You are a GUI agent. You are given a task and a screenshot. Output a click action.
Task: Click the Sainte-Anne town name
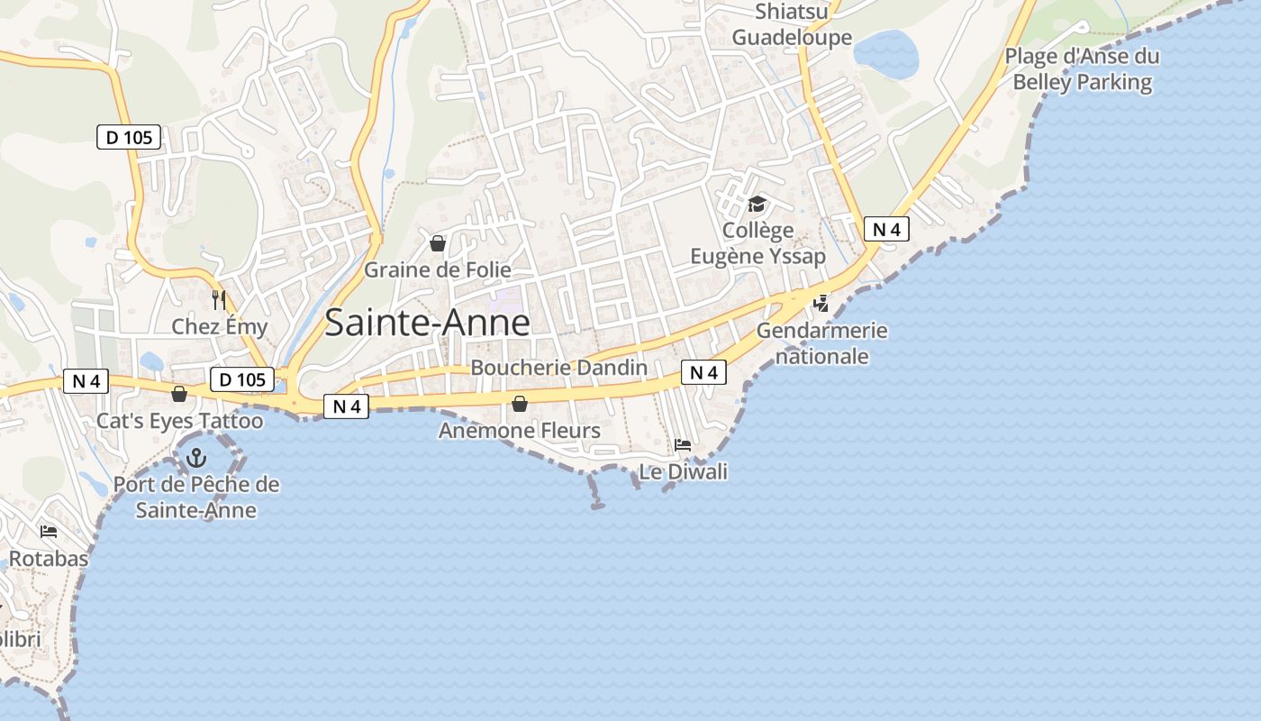pyautogui.click(x=427, y=323)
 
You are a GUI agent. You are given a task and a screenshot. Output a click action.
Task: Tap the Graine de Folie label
pyautogui.click(x=437, y=269)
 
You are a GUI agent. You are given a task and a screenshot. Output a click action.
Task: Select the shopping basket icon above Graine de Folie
pyautogui.click(x=438, y=243)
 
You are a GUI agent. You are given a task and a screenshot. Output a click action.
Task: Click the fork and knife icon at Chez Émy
pyautogui.click(x=218, y=299)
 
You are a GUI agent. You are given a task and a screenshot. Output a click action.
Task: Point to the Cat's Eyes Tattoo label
pyautogui.click(x=180, y=421)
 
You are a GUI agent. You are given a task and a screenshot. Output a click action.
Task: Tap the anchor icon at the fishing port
pyautogui.click(x=196, y=459)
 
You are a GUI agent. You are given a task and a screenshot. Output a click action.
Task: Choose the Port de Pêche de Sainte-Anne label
pyautogui.click(x=196, y=497)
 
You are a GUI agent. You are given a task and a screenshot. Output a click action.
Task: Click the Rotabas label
pyautogui.click(x=49, y=559)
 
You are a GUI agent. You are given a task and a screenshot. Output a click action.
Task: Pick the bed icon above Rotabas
pyautogui.click(x=49, y=532)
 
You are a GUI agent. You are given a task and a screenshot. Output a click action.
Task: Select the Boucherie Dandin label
pyautogui.click(x=558, y=368)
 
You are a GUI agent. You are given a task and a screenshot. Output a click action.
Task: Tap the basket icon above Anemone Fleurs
pyautogui.click(x=520, y=404)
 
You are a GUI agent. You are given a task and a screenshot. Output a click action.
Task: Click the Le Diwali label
pyautogui.click(x=683, y=471)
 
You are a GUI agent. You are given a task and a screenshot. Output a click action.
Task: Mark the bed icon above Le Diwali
pyautogui.click(x=683, y=445)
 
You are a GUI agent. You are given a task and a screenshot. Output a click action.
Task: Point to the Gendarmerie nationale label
pyautogui.click(x=821, y=343)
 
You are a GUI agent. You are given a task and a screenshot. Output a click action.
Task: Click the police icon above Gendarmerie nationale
pyautogui.click(x=821, y=304)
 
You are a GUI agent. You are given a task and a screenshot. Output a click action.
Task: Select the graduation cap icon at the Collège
pyautogui.click(x=757, y=205)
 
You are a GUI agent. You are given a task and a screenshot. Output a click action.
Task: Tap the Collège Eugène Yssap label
pyautogui.click(x=758, y=243)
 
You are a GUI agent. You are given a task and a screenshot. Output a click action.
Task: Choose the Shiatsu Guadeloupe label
pyautogui.click(x=792, y=24)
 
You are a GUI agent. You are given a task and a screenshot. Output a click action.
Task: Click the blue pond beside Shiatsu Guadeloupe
pyautogui.click(x=885, y=54)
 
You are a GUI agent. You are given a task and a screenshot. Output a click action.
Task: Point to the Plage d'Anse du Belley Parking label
pyautogui.click(x=1082, y=69)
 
